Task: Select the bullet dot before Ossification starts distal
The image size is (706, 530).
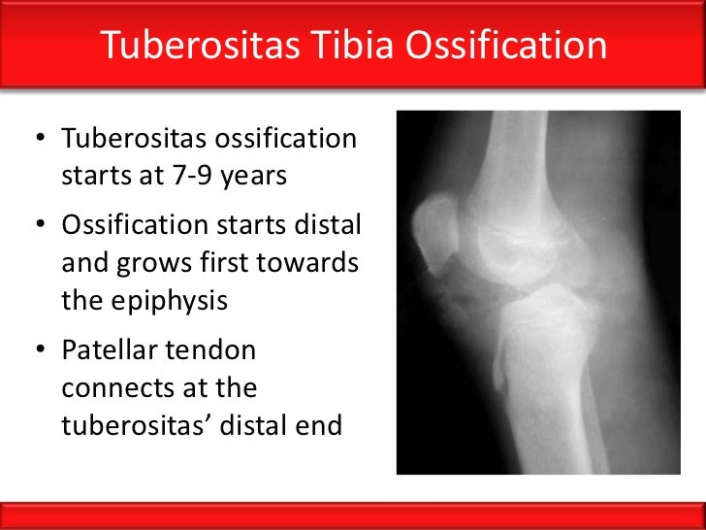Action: [42, 226]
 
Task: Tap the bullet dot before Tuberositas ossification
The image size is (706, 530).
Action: [42, 140]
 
